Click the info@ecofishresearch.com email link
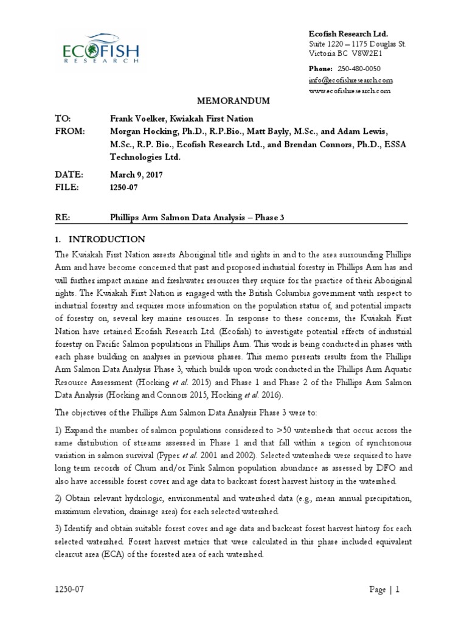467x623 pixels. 351,80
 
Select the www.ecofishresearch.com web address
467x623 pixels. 350,91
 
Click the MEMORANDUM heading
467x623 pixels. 233,100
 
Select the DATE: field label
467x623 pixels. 69,174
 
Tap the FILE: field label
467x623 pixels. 67,187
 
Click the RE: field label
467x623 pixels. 63,217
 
